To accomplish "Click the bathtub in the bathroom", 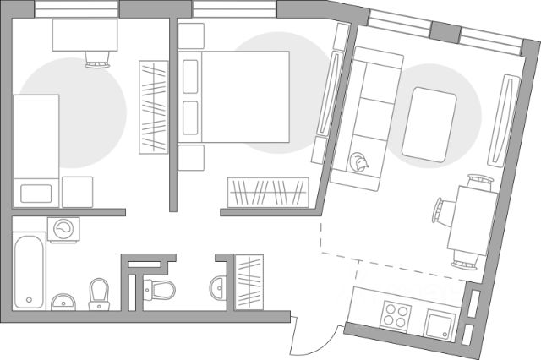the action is tap(30, 270).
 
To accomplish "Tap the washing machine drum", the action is tap(63, 228).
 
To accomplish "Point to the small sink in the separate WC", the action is tap(218, 286).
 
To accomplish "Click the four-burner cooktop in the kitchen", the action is tap(394, 318).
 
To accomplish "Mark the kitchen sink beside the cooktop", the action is tap(439, 325).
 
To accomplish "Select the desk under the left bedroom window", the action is tap(85, 35).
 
